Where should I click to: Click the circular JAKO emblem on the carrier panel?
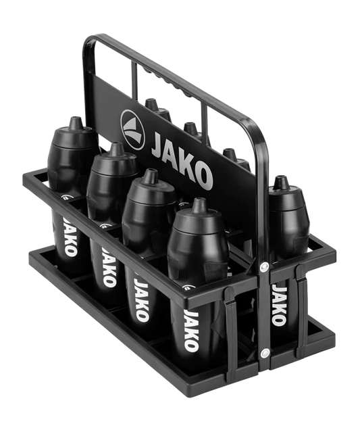132,129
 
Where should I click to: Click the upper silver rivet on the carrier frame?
264,266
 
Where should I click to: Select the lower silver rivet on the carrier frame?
265,352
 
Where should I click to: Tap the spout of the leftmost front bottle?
75,123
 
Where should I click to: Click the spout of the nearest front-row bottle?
199,205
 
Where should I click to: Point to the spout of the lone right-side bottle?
280,182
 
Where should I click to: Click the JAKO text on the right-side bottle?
279,305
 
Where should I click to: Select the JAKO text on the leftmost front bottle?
70,237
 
